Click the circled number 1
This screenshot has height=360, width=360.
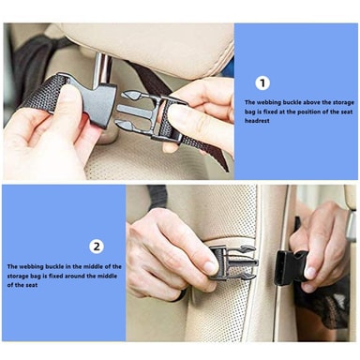pos(262,83)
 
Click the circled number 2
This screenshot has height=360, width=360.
pos(97,247)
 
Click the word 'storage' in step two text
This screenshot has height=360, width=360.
pos(19,276)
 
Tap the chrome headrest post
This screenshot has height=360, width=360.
pos(104,67)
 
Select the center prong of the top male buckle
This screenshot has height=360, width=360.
pos(133,111)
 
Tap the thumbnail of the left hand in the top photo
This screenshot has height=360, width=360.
pos(69,94)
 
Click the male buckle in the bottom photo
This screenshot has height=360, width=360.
pos(233,262)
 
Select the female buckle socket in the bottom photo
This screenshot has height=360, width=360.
pos(289,267)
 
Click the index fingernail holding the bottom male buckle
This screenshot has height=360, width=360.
pos(210,267)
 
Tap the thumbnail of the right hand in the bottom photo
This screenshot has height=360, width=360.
pos(309,273)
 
